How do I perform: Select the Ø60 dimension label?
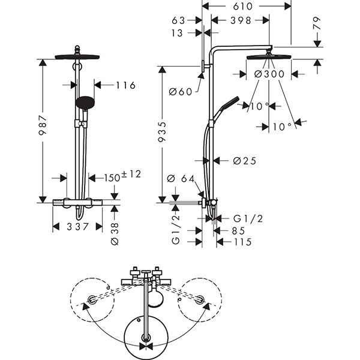(x=179, y=91)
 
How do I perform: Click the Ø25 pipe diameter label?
(x=244, y=160)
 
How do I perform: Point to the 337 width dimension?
(x=77, y=227)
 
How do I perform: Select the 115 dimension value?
(x=242, y=242)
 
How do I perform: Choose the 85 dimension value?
(x=238, y=230)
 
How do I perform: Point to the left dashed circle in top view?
(x=91, y=299)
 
